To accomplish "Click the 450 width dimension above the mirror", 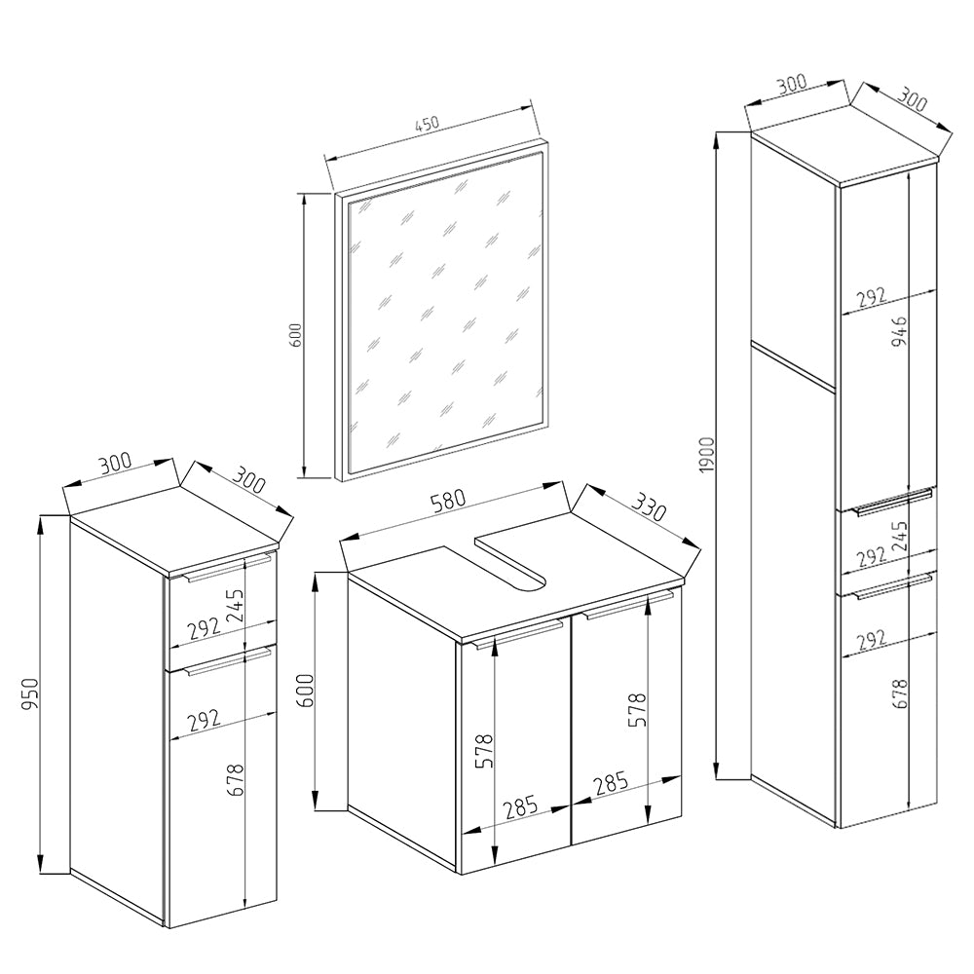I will (x=428, y=125).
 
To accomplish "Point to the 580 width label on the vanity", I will (x=447, y=501).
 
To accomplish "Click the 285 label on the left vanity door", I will (x=520, y=807).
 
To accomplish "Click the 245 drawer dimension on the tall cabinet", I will (x=898, y=537).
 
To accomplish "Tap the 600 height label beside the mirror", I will (x=297, y=334).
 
